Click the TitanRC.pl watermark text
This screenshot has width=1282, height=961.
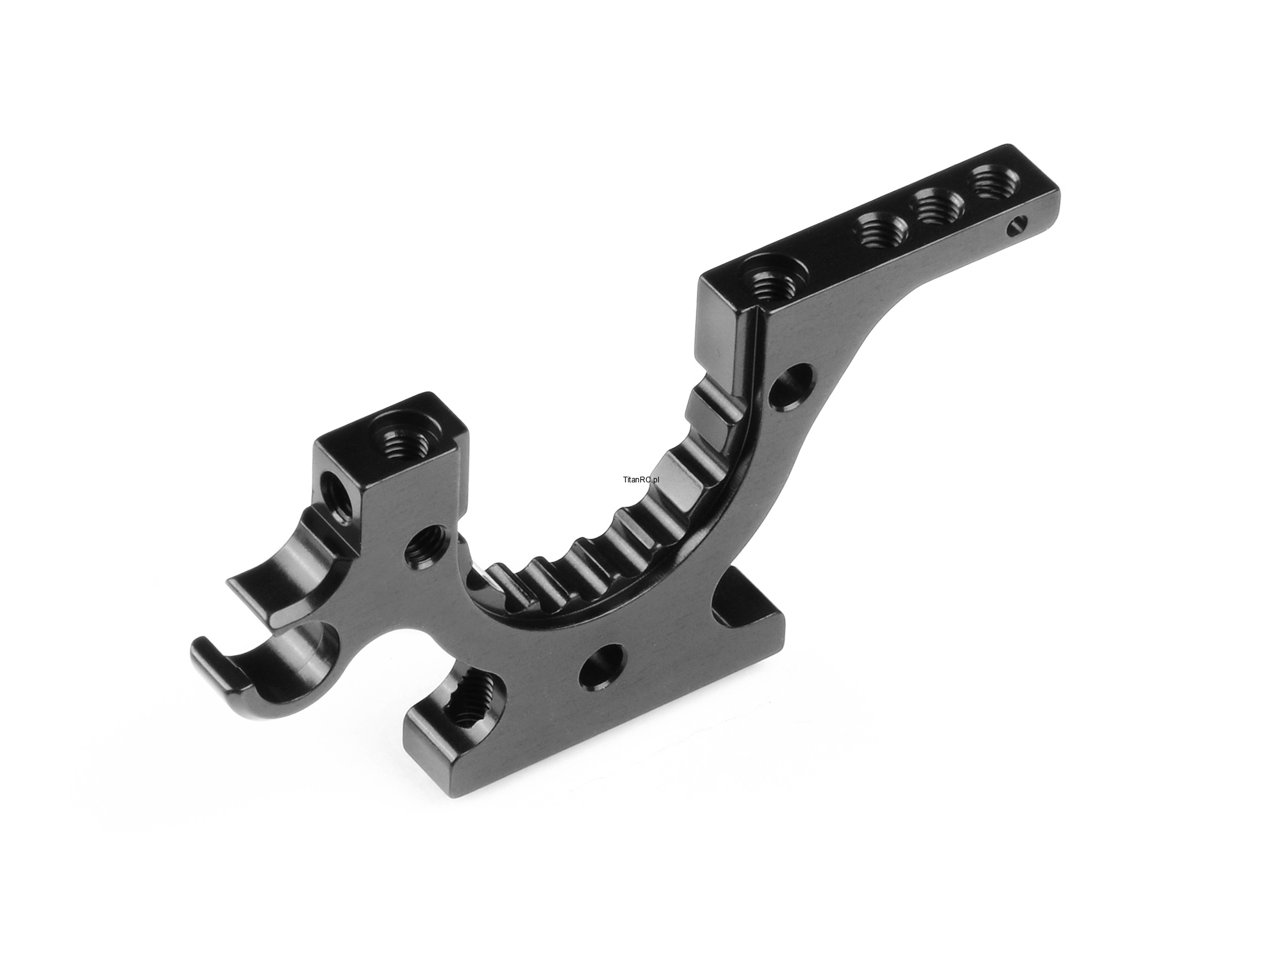pyautogui.click(x=641, y=479)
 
